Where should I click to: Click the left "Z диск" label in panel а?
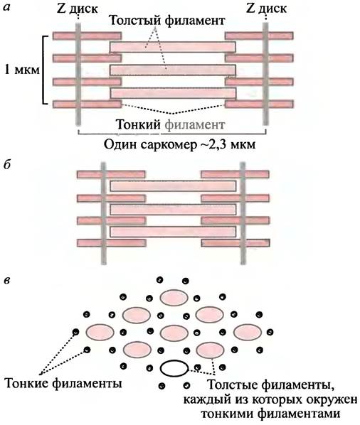78,9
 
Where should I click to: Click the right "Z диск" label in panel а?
266,9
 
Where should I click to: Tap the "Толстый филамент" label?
166,21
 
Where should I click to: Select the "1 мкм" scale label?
22,70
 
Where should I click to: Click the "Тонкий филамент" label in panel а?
170,124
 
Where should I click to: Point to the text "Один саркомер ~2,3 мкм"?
179,144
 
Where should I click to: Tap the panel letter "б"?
6,165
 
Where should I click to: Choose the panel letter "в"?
7,280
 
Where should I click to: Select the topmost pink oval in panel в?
174,298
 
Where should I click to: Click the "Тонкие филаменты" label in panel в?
63,384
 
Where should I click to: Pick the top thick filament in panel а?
173,47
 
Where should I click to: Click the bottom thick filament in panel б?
173,232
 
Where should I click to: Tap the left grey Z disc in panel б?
103,213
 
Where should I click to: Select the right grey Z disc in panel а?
265,74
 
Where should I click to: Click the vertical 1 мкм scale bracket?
45,70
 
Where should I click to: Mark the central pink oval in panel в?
174,333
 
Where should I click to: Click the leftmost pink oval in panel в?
100,333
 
